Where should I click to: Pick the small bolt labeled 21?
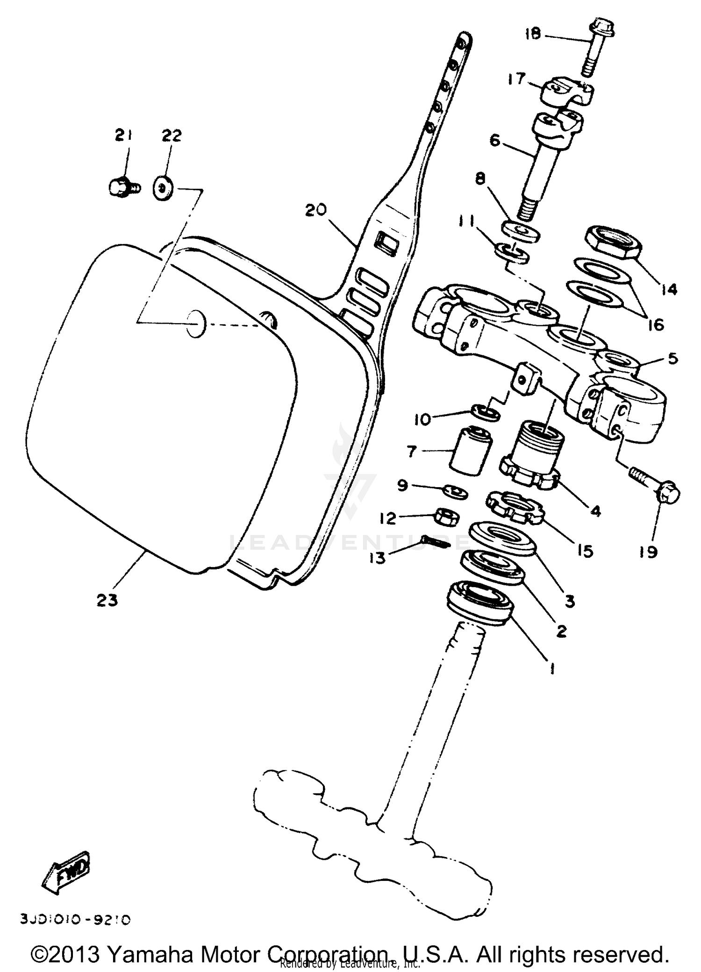(123, 187)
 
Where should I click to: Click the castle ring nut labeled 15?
(515, 507)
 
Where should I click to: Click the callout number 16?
(656, 324)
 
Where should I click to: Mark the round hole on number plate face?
(196, 324)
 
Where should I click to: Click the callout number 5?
(672, 359)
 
